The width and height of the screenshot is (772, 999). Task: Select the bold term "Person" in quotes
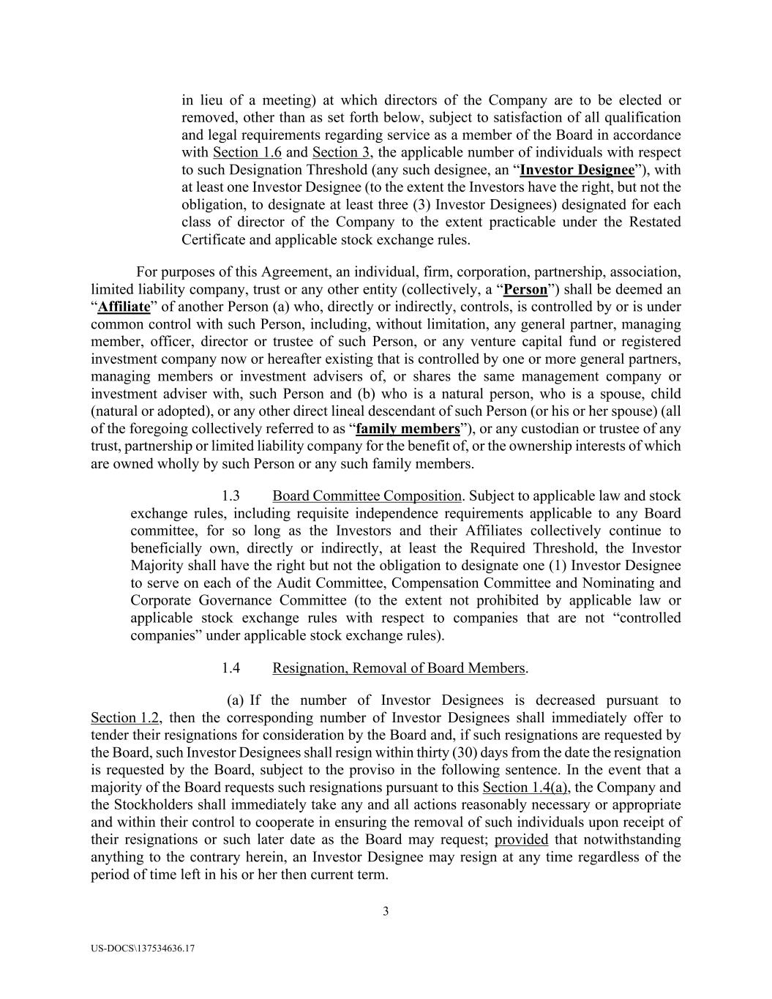[525, 289]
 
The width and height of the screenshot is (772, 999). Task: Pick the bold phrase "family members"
[408, 429]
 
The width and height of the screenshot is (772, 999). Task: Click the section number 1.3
[231, 496]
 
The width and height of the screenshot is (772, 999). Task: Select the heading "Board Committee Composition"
[367, 496]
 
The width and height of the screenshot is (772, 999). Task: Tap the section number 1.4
[231, 668]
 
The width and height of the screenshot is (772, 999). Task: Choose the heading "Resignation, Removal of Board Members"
[399, 668]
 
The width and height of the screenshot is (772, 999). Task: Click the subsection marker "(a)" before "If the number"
[236, 700]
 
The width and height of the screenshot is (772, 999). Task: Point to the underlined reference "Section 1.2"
[125, 718]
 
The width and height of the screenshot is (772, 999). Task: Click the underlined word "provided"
[521, 839]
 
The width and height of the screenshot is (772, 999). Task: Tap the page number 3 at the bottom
[386, 912]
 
